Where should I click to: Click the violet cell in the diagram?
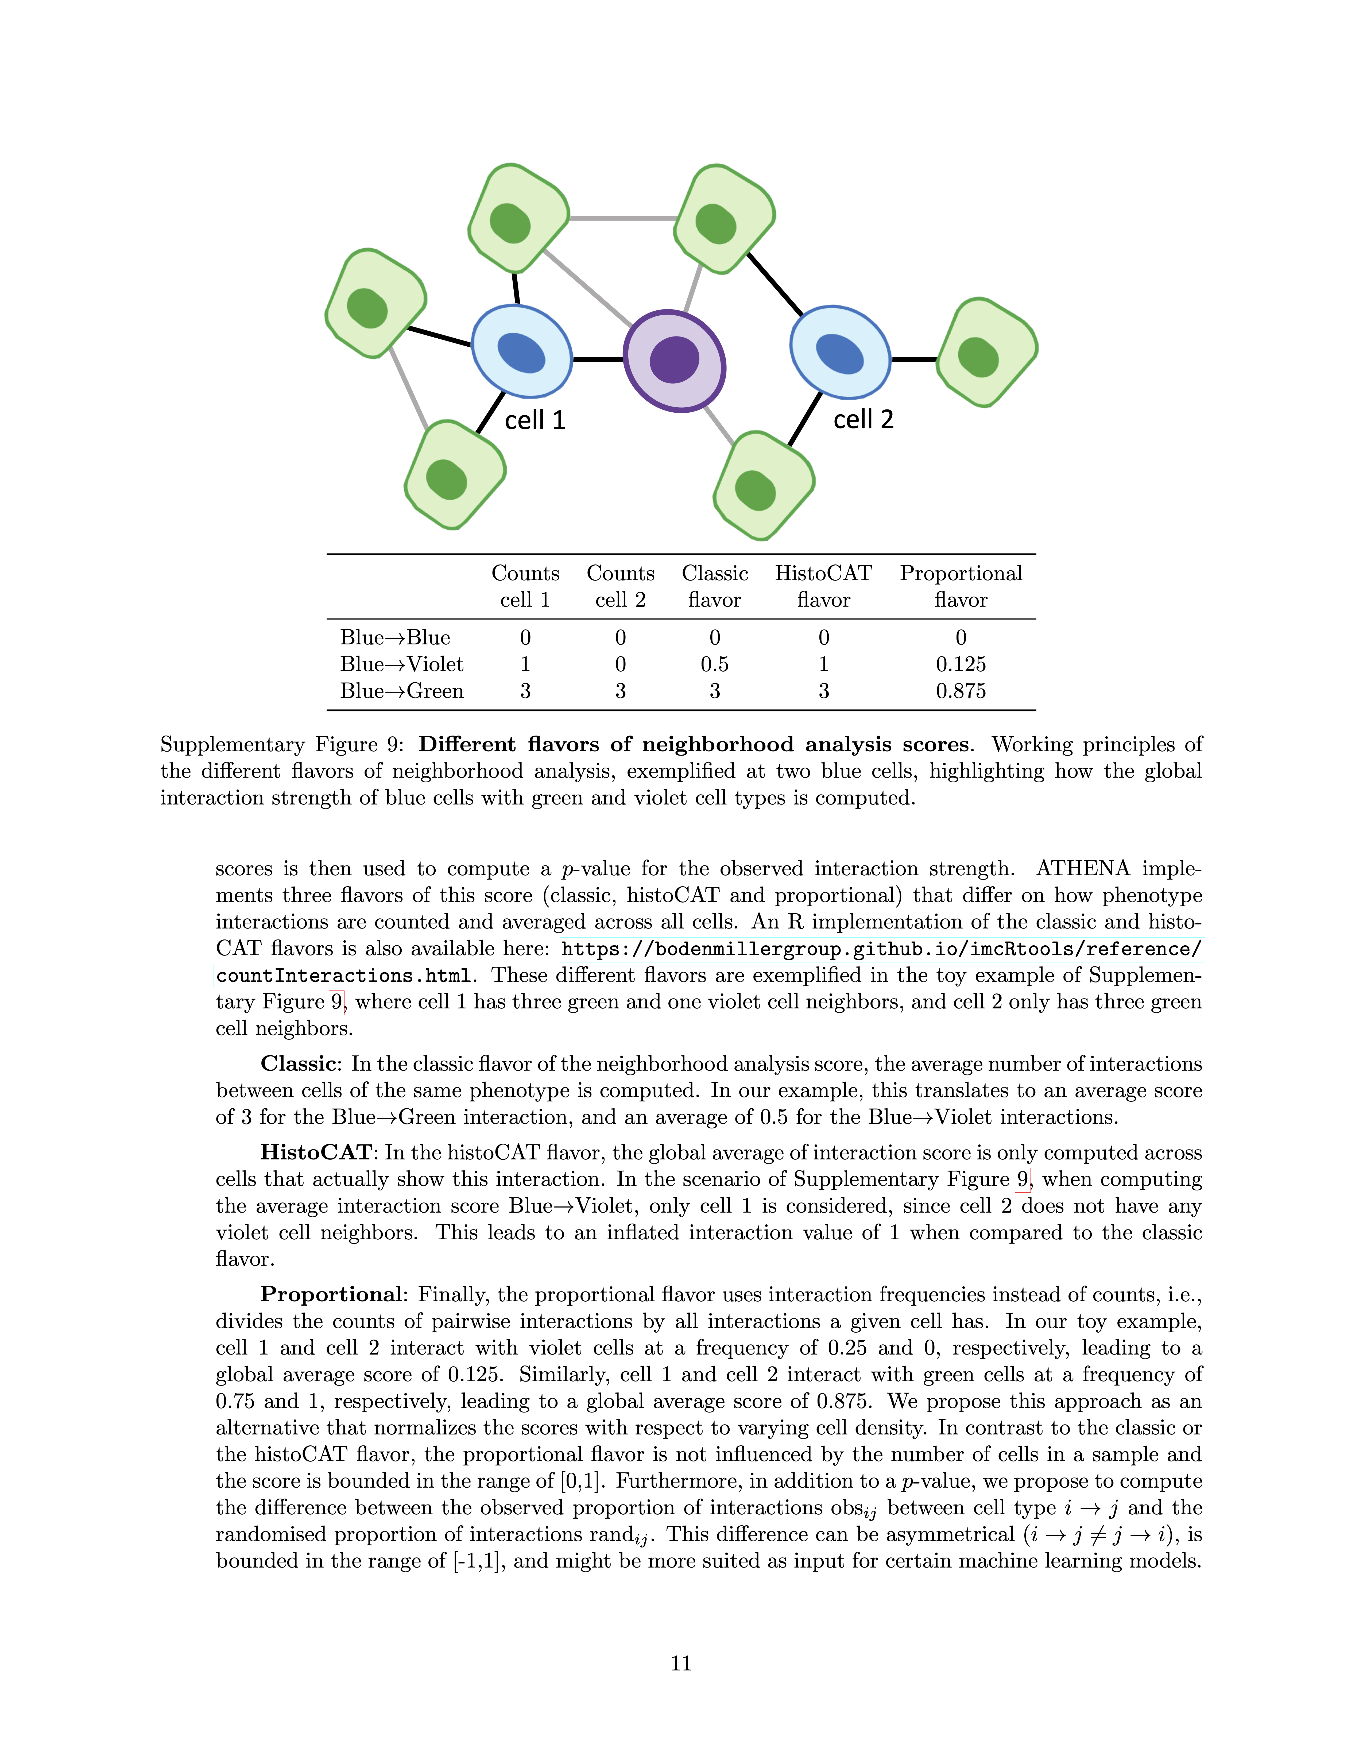(674, 361)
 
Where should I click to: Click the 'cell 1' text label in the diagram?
(535, 420)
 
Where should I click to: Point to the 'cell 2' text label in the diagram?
(863, 419)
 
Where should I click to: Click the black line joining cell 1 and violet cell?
(598, 359)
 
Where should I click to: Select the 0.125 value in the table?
(960, 664)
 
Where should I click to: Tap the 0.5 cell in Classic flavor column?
(715, 664)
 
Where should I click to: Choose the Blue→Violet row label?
(401, 664)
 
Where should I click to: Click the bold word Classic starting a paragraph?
(298, 1064)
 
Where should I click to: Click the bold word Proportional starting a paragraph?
(330, 1295)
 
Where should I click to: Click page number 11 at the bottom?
(681, 1663)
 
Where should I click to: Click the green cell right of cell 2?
(986, 353)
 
